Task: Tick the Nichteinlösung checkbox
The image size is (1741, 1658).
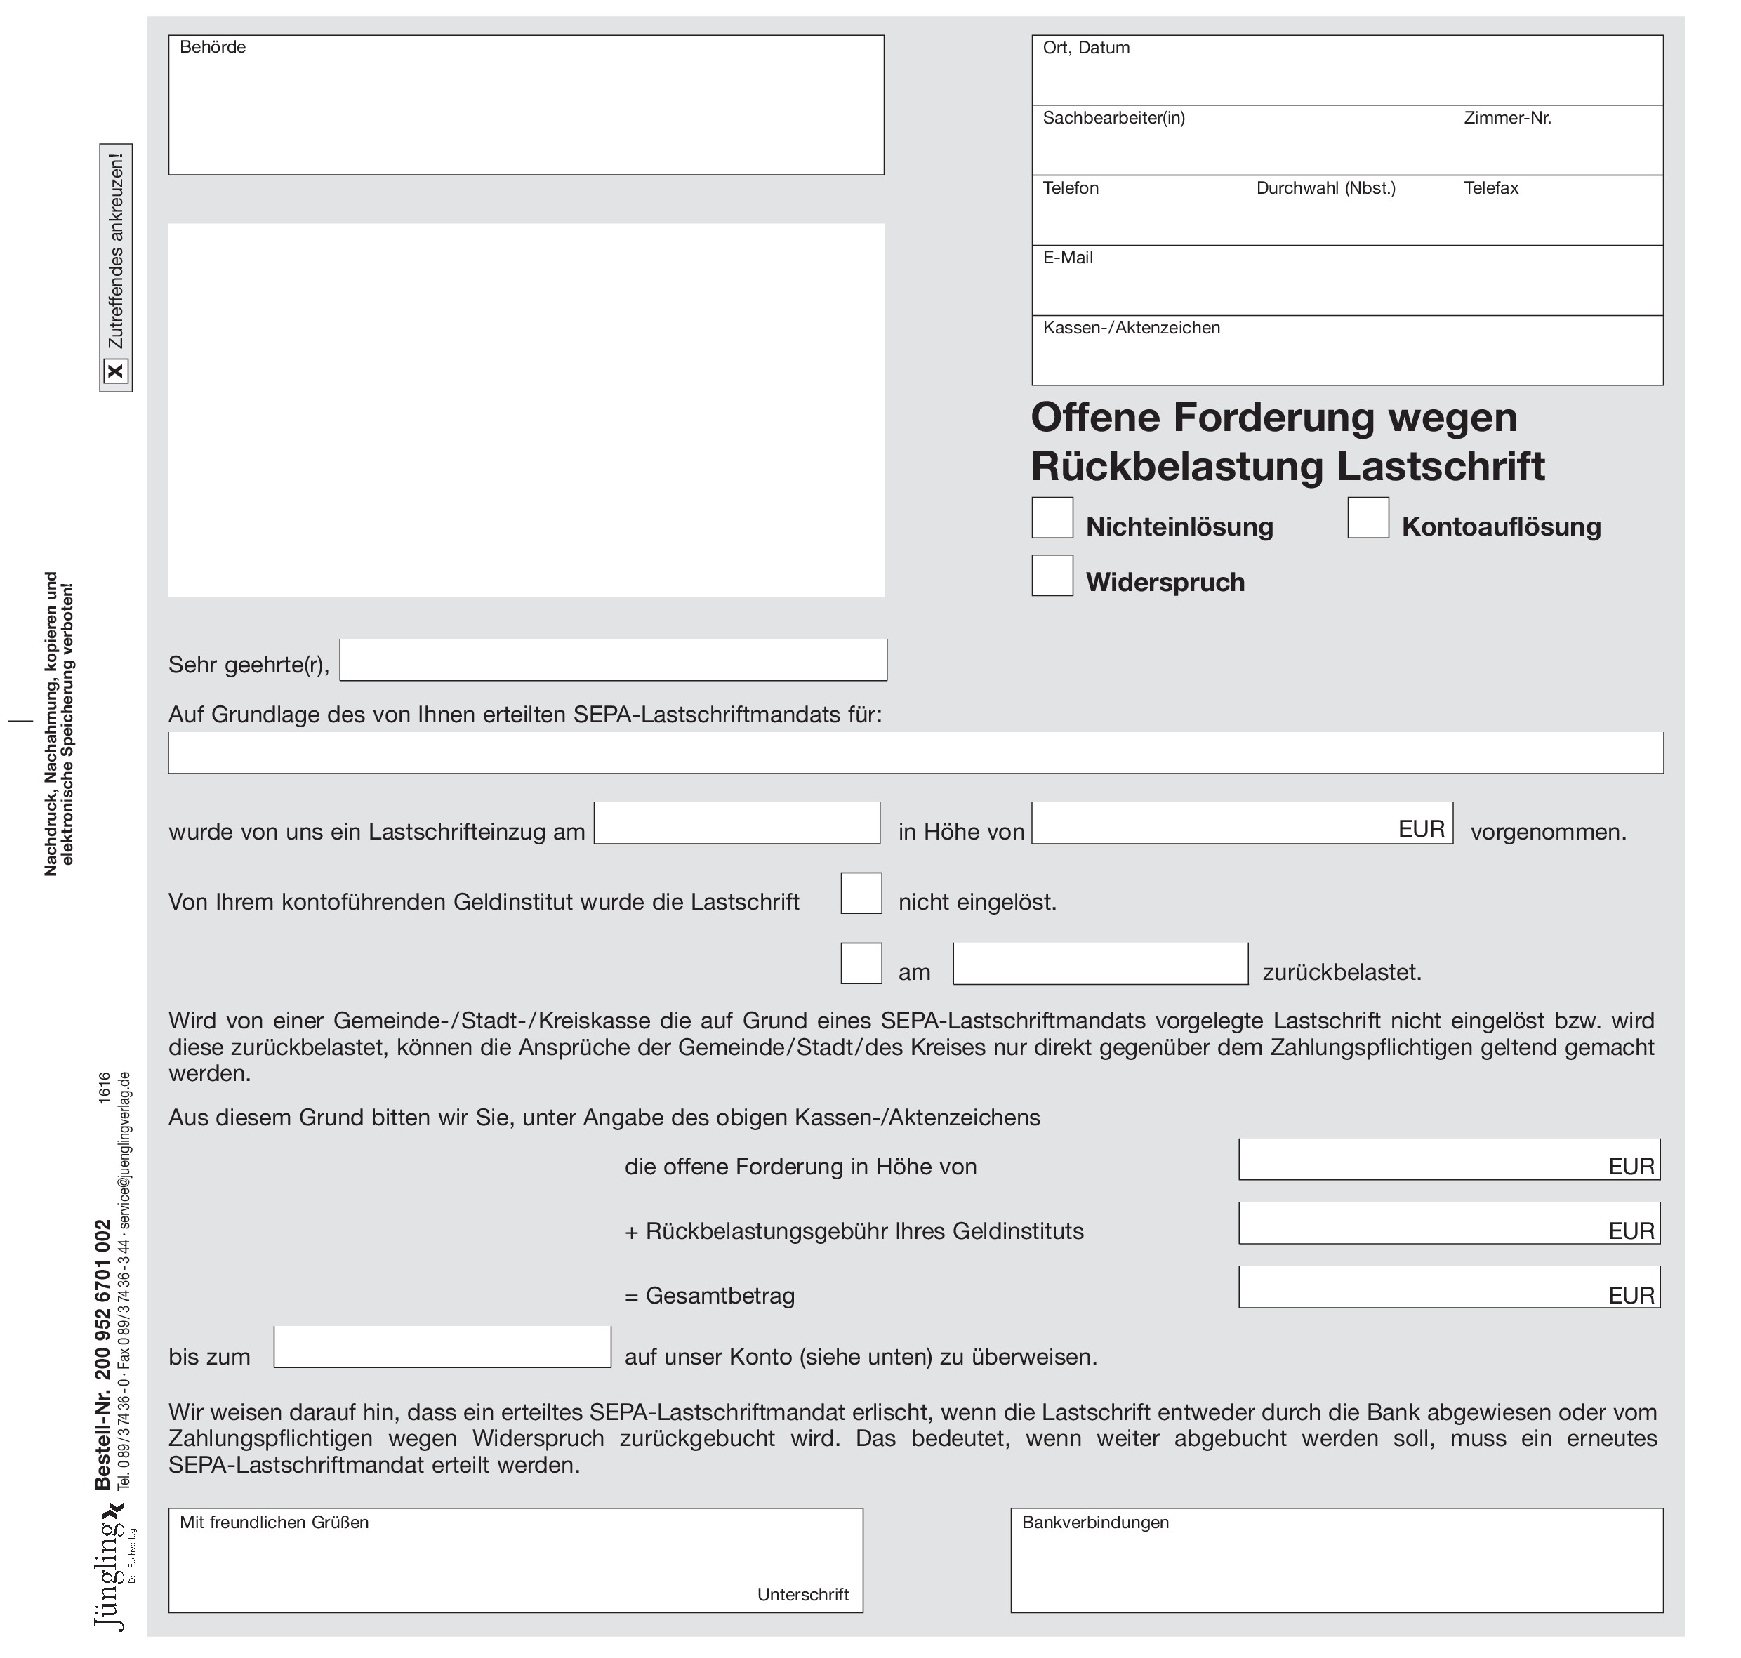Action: pos(1052,518)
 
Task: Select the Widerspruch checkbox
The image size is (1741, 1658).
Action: pos(1052,576)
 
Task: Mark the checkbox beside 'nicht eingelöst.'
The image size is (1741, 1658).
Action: pos(861,893)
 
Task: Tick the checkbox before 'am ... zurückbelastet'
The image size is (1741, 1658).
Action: pos(861,963)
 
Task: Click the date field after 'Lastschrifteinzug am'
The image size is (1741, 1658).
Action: pos(736,823)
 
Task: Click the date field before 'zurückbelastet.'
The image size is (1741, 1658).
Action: pos(1099,963)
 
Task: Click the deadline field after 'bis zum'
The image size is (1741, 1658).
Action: pos(442,1347)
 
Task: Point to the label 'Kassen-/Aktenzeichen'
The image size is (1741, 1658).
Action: pos(1130,328)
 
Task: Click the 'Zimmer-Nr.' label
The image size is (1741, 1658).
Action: pos(1507,117)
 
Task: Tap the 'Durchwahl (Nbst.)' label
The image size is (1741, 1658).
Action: pos(1325,188)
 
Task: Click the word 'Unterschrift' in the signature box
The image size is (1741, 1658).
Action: pos(802,1594)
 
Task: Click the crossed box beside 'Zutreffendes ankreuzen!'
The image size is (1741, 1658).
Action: pos(116,371)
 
